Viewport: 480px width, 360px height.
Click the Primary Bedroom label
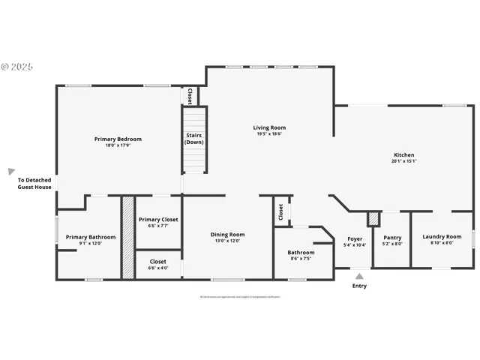(x=118, y=139)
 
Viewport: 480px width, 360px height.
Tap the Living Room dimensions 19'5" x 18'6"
(x=269, y=134)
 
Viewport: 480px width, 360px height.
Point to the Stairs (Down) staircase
(x=194, y=139)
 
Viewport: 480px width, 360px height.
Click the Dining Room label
(x=227, y=235)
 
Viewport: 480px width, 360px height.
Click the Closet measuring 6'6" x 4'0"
(x=157, y=265)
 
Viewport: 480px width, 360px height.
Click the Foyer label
(x=354, y=238)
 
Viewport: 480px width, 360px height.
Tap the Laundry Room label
(x=442, y=237)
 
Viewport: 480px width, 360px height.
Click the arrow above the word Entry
(x=359, y=276)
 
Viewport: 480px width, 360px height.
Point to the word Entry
(x=359, y=286)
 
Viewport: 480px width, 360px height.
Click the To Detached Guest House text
(x=34, y=183)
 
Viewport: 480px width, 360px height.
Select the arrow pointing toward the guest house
(x=11, y=172)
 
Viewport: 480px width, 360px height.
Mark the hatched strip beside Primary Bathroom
(x=128, y=238)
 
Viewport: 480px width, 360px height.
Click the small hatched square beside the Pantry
(x=373, y=218)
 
